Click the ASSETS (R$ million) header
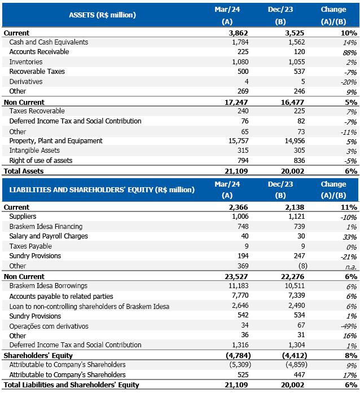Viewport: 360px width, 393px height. coord(102,15)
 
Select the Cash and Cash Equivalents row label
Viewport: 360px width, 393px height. coord(49,42)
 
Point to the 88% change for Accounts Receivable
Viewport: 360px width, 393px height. coord(350,52)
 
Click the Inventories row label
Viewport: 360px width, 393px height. coord(26,62)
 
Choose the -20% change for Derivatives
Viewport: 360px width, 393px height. coord(348,82)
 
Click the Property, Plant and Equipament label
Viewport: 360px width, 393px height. coord(56,141)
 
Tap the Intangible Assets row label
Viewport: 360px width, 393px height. coord(35,151)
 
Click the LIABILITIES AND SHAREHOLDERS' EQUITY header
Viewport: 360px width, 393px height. coord(102,189)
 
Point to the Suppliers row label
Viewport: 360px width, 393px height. coord(23,217)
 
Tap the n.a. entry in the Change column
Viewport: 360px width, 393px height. coord(350,266)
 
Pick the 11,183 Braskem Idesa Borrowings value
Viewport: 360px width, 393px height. coord(238,286)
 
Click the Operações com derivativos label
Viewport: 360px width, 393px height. coord(49,325)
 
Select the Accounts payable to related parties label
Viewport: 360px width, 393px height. coord(61,296)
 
